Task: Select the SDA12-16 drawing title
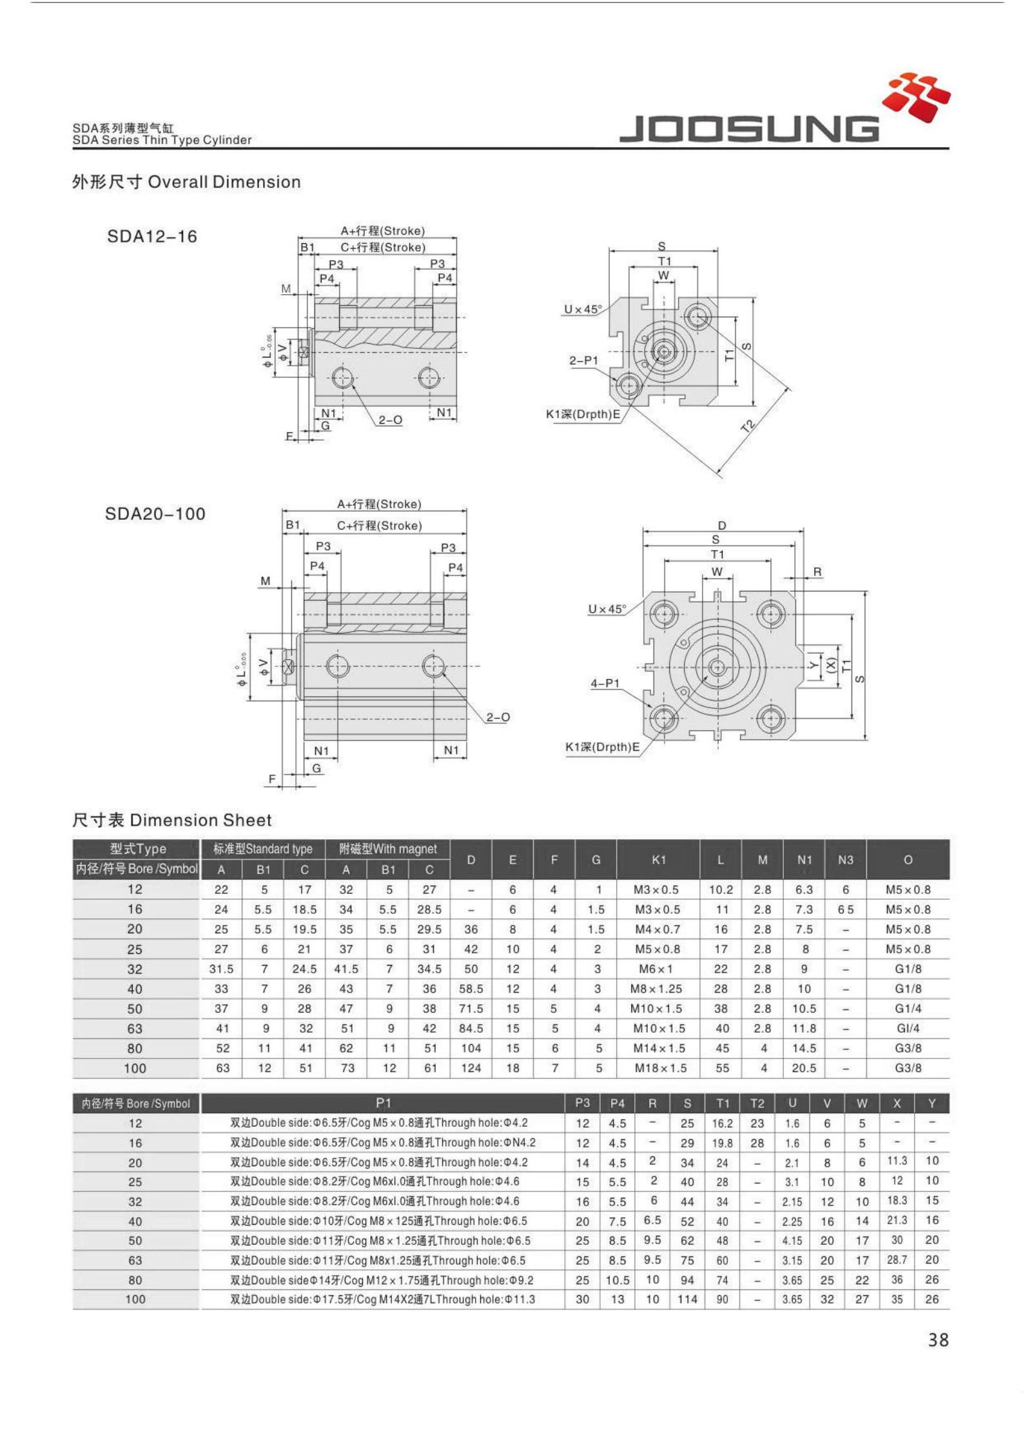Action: (151, 237)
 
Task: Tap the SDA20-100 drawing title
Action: (155, 514)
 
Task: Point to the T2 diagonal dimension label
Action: (748, 426)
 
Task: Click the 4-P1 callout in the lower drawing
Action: (605, 683)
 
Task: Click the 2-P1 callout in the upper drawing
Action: (583, 361)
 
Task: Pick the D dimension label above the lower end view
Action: (722, 526)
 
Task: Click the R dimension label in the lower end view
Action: (817, 571)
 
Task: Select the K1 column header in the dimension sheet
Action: (658, 859)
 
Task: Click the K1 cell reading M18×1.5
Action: (659, 1068)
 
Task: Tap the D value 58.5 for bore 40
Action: (471, 989)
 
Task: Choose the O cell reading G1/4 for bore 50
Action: (908, 1008)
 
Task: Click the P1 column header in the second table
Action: (383, 1103)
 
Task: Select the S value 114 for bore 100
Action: (687, 1299)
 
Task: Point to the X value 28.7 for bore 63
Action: (897, 1259)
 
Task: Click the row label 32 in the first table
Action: (135, 969)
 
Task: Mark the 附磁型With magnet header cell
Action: (387, 849)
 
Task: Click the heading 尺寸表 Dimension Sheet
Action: (171, 820)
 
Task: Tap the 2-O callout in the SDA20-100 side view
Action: (498, 717)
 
